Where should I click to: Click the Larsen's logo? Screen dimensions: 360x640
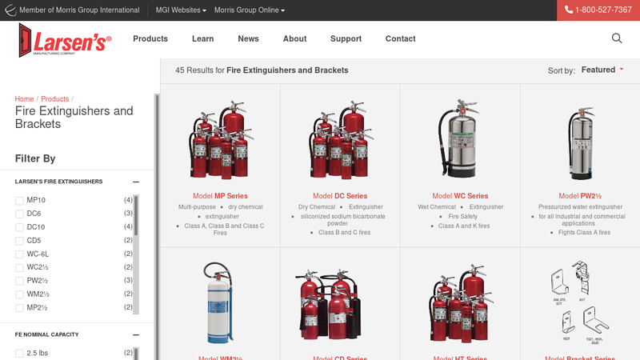pos(65,39)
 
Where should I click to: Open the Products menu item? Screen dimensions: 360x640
pos(150,38)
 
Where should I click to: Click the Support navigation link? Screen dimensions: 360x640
pos(346,38)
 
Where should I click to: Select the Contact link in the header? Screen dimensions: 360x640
pos(400,38)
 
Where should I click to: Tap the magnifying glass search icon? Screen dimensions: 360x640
pos(617,38)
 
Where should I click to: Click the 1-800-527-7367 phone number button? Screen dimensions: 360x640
pos(598,10)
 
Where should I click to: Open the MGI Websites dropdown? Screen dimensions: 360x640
pos(181,10)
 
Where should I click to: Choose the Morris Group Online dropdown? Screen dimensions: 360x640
pos(249,10)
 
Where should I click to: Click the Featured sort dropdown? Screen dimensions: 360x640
pos(602,70)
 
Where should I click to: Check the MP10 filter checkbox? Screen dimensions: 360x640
pos(19,201)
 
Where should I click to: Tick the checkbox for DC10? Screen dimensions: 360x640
pos(19,227)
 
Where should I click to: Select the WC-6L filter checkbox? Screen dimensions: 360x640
pos(19,254)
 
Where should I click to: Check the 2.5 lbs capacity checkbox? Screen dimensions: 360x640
pos(19,354)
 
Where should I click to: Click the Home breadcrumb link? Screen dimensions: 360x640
pos(24,99)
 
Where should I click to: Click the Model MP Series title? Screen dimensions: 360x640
pos(220,196)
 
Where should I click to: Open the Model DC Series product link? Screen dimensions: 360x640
pos(340,196)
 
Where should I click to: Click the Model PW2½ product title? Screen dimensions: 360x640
pos(580,196)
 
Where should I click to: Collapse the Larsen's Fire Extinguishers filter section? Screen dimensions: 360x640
pos(136,182)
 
